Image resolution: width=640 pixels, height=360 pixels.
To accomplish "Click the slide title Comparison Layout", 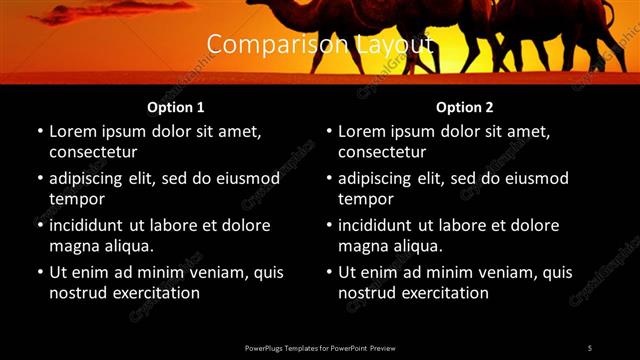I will [320, 45].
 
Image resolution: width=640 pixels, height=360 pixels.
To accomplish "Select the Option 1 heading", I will [176, 107].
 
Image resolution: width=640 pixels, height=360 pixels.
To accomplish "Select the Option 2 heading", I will [465, 107].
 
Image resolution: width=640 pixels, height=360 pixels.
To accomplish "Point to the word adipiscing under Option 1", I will [90, 179].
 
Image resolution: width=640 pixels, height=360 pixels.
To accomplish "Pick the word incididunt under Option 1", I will [91, 226].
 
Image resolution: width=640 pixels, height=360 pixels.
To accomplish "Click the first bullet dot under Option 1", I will [39, 132].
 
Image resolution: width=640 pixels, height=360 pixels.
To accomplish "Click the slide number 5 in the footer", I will [590, 347].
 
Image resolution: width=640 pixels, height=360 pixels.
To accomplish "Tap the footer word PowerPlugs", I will [263, 347].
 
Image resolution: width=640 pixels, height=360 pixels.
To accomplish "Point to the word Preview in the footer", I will [382, 347].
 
